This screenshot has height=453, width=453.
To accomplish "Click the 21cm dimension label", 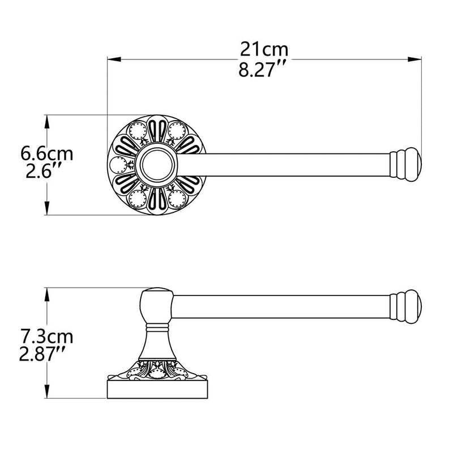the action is [264, 50].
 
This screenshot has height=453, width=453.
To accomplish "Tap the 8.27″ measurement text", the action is [262, 70].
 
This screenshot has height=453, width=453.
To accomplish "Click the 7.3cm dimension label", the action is [46, 336].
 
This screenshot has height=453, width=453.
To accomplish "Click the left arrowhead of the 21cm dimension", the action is [114, 59].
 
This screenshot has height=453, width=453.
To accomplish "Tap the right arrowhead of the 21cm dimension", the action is [414, 59].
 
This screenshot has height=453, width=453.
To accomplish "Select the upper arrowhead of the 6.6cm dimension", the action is [47, 122].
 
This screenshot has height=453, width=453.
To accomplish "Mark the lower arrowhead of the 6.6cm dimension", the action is [47, 208].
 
